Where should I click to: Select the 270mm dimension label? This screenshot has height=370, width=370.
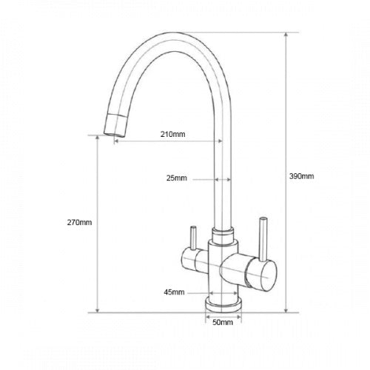[x=79, y=223]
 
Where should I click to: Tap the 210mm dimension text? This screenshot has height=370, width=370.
[x=172, y=135]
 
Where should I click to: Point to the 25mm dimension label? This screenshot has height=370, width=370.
[x=178, y=178]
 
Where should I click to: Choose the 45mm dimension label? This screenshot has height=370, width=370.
[x=174, y=292]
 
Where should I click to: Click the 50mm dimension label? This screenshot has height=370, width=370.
[x=222, y=323]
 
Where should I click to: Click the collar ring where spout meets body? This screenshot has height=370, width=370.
[x=222, y=235]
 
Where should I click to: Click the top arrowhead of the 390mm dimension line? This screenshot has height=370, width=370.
[x=286, y=35]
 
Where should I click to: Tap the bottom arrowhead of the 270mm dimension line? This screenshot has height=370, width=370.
[x=98, y=310]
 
